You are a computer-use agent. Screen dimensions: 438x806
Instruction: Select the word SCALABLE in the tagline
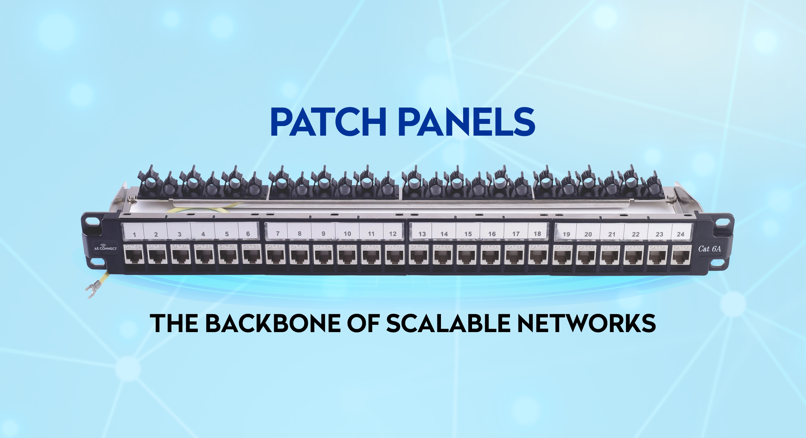click(448, 323)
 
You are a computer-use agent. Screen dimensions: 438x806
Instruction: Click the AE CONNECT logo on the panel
click(105, 247)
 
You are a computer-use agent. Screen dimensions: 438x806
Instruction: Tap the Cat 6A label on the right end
click(710, 249)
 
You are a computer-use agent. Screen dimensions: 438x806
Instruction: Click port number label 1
click(134, 234)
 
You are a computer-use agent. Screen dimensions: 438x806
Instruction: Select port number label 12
click(393, 234)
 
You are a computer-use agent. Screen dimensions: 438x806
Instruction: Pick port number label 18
click(537, 234)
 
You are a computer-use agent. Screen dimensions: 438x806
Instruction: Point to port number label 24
click(680, 234)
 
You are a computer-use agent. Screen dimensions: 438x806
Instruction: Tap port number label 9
click(323, 234)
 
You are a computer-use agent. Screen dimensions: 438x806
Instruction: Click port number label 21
click(612, 234)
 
